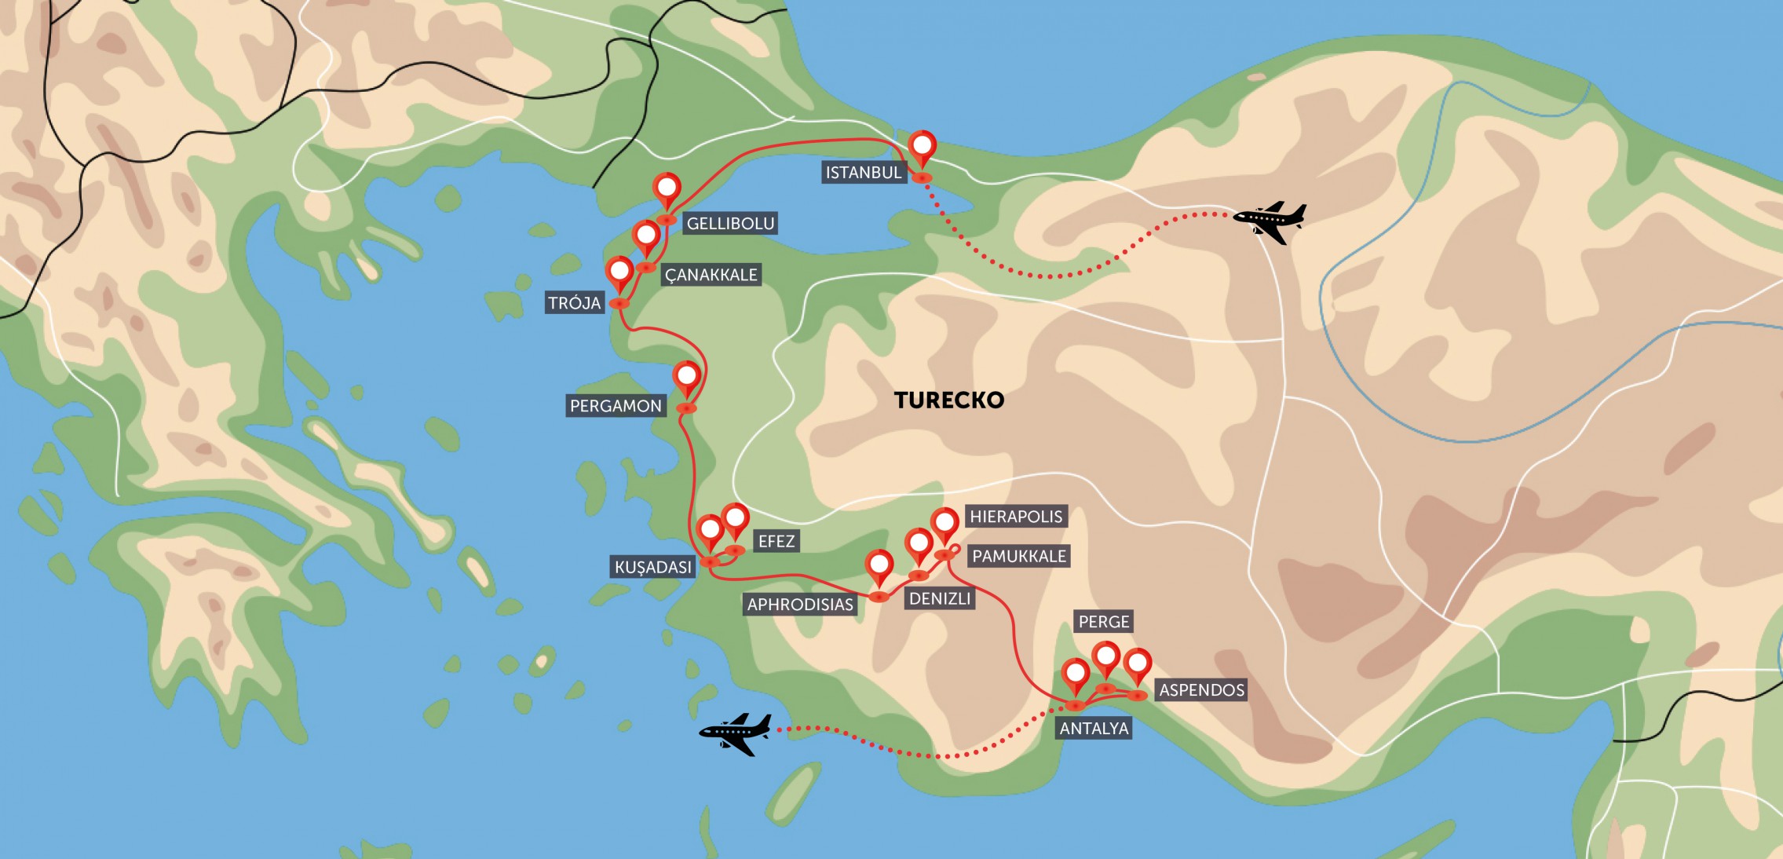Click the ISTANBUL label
(x=863, y=173)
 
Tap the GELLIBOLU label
(x=730, y=224)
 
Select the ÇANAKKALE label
(x=711, y=275)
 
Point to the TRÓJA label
(x=574, y=303)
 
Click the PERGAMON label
(x=616, y=406)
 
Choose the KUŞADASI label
(x=652, y=568)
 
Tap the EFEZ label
(x=776, y=541)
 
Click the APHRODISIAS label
(x=799, y=605)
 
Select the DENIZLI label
(x=940, y=598)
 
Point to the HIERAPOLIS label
(x=1015, y=517)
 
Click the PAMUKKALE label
(x=1018, y=557)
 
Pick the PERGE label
(x=1103, y=622)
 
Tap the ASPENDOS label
(x=1201, y=690)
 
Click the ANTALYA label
(x=1094, y=729)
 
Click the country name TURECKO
(x=949, y=400)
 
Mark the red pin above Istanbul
(x=922, y=148)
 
